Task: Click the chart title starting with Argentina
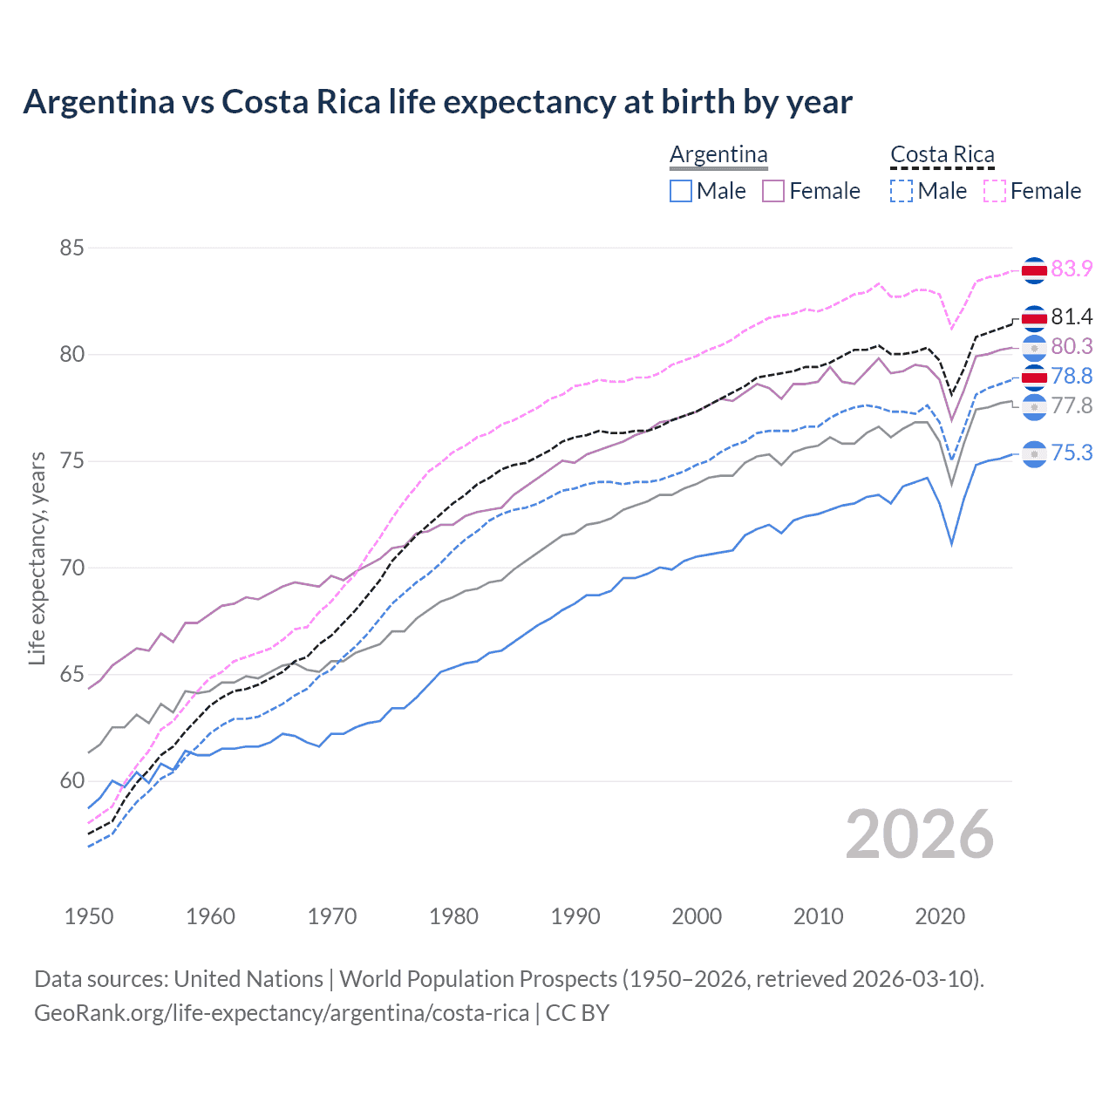437,102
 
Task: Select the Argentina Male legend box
681,191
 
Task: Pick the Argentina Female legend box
773,191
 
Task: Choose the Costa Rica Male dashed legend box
902,191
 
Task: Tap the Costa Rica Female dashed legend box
994,191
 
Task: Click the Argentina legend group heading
718,155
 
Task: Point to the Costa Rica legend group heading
942,155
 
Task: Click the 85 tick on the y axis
71,248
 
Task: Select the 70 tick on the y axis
71,568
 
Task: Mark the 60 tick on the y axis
71,781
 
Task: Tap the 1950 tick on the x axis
89,916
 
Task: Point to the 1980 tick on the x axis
453,916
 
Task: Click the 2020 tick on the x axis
940,916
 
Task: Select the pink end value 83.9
1072,269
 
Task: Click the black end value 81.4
1072,316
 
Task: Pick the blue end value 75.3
1072,453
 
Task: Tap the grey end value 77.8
1072,406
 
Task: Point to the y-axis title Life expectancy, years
37,558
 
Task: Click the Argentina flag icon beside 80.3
1034,348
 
